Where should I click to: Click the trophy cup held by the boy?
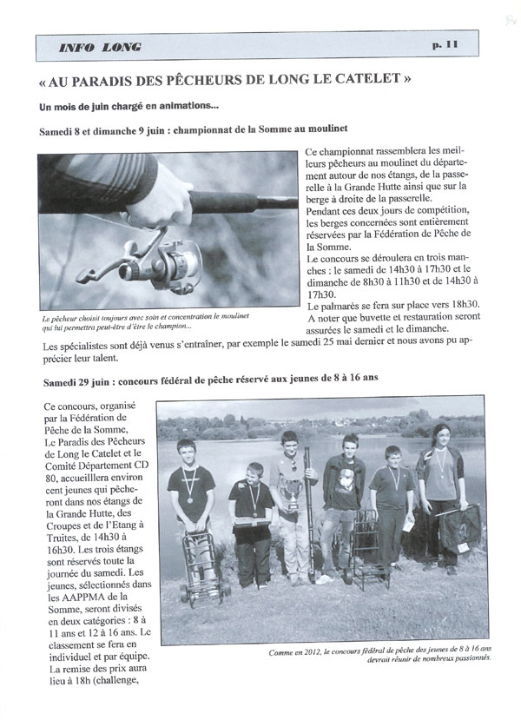coord(294,499)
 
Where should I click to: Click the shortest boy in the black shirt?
coord(250,512)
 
